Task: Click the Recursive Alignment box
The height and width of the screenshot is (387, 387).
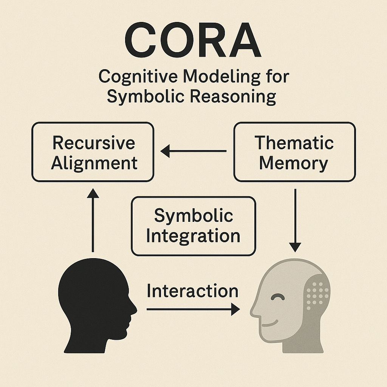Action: click(x=93, y=152)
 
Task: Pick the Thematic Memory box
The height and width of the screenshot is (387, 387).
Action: click(x=294, y=152)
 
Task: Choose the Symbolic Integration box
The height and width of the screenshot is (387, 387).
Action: click(x=193, y=226)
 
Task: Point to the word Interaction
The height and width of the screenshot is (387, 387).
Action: click(x=192, y=291)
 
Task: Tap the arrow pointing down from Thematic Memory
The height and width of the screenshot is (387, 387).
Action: click(x=295, y=219)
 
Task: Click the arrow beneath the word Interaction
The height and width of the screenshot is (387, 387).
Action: click(x=193, y=310)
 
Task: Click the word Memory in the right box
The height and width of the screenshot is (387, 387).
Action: click(x=294, y=163)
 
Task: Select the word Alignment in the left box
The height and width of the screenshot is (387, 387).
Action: click(x=94, y=163)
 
